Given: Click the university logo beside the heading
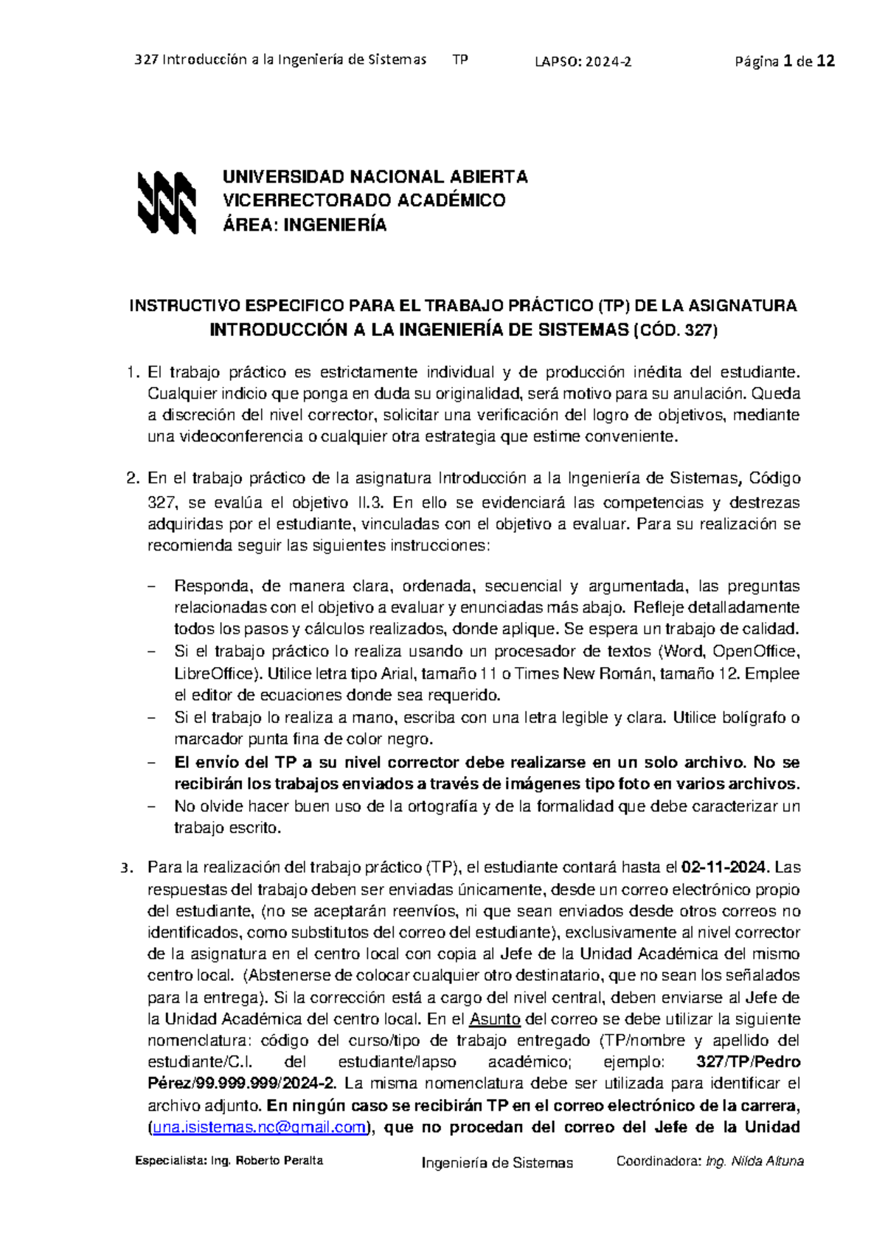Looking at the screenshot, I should pos(167,202).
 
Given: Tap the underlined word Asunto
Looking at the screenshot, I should pos(495,1019).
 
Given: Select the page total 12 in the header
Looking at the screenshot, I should pos(826,61).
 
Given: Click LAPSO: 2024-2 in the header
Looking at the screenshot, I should pos(583,62).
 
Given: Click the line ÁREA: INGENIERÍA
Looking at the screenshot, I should pos(305,225).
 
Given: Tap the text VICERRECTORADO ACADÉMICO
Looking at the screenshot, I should pos(364,200).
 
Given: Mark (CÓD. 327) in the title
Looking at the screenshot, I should pos(676,329).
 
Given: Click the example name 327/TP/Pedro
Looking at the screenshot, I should pos(748,1062).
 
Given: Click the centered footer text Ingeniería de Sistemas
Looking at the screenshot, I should pos(497,1162).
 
